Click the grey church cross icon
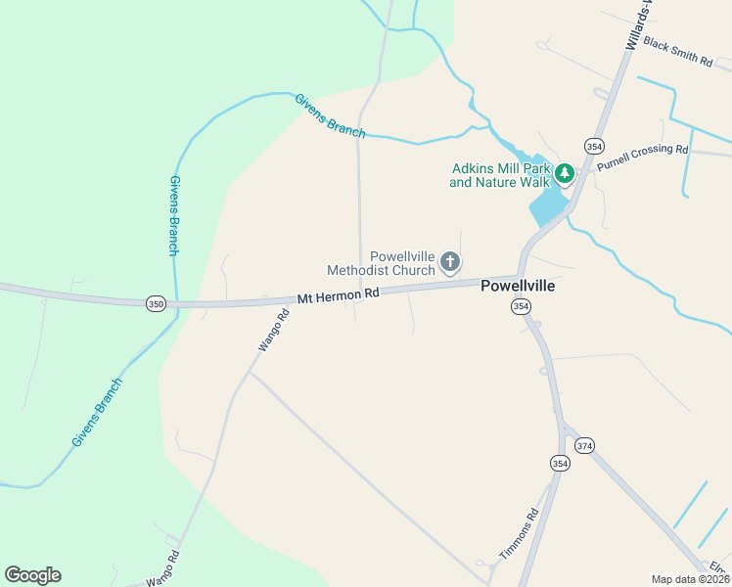(450, 261)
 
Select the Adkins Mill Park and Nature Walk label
(499, 175)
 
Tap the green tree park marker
(564, 174)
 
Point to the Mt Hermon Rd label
(338, 293)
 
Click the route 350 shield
(156, 304)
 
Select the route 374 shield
(584, 445)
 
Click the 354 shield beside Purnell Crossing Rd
(594, 146)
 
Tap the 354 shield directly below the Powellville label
(521, 307)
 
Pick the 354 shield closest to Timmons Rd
(560, 463)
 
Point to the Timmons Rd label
(519, 535)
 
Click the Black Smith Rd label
(678, 53)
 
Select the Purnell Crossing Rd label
(643, 156)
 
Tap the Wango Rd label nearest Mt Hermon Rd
(273, 331)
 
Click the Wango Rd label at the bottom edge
(163, 568)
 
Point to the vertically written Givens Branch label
(173, 216)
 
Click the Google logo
(32, 575)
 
